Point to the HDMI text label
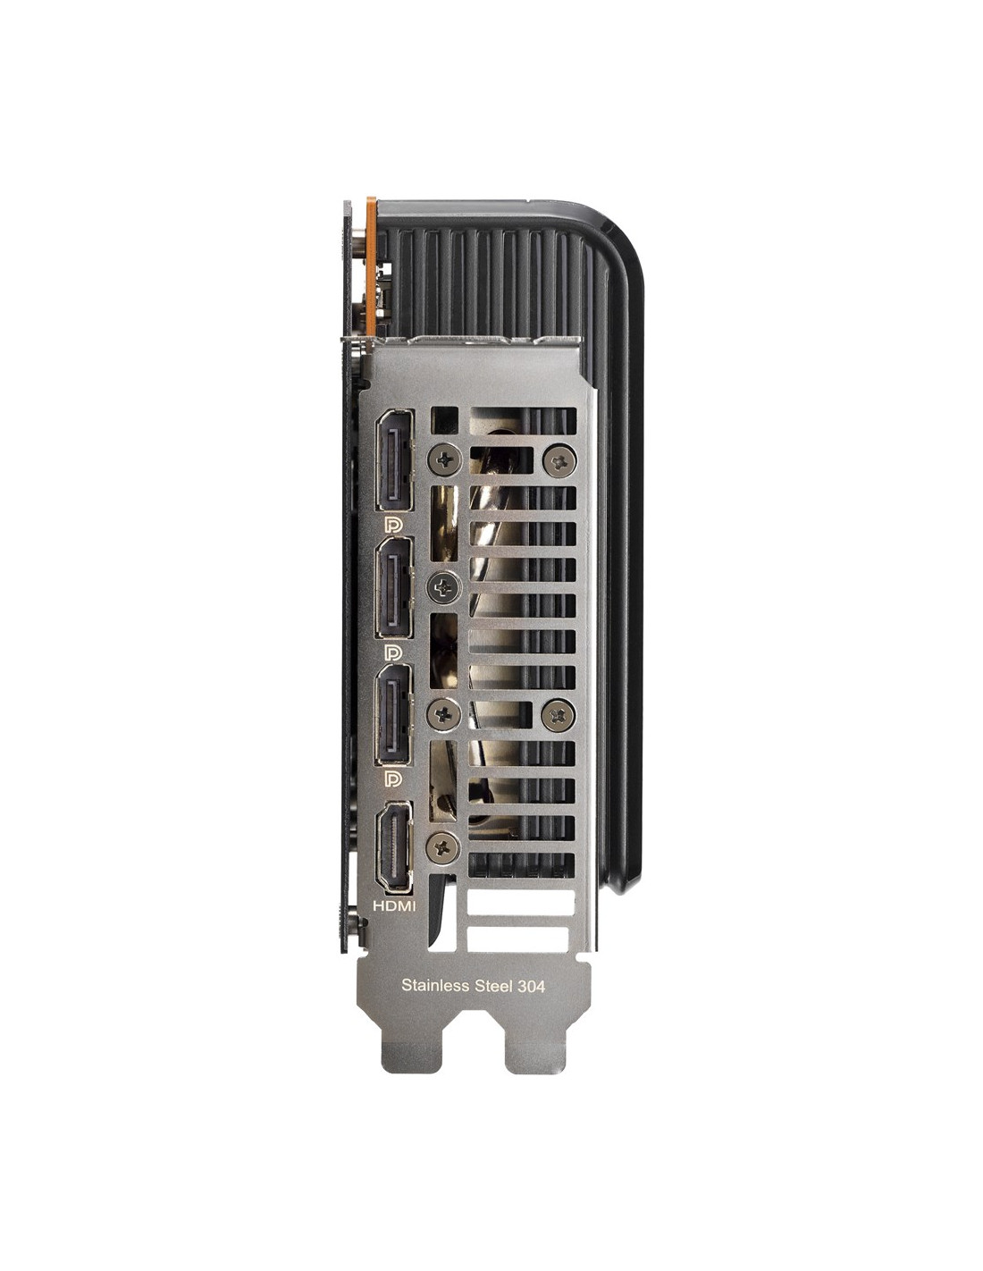pos(394,906)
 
